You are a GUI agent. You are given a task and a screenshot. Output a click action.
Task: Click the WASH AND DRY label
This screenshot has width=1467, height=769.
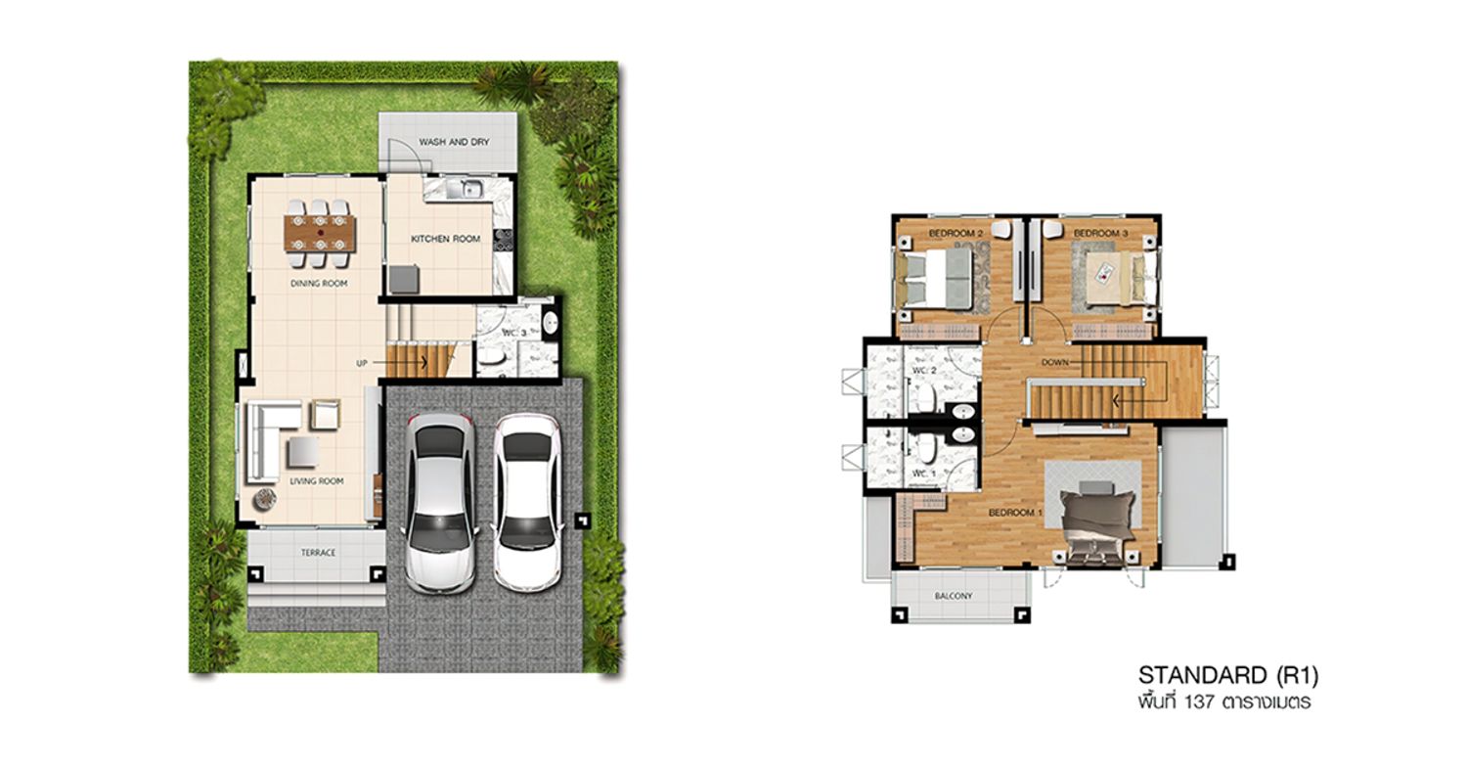(x=454, y=142)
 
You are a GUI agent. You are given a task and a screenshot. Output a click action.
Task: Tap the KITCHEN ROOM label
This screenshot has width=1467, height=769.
(x=445, y=239)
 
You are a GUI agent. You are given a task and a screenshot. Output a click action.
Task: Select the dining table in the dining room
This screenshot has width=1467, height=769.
(x=320, y=233)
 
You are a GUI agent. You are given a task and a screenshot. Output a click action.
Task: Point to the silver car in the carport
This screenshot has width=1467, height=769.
(x=440, y=503)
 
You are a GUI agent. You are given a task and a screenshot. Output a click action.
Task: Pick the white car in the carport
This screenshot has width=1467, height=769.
(x=527, y=502)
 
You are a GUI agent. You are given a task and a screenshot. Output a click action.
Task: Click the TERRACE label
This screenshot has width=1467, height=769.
(x=318, y=553)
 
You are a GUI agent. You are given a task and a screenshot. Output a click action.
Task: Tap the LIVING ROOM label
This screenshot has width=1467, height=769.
(x=317, y=481)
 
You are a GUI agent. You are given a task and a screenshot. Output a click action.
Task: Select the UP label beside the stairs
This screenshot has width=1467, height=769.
(x=362, y=364)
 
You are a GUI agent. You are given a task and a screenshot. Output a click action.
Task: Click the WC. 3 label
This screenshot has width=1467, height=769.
(x=514, y=334)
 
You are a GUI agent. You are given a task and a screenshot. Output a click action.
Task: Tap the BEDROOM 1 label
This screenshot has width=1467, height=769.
(x=1015, y=513)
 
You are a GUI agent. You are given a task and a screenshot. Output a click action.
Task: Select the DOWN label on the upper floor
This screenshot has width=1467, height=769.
(x=1055, y=362)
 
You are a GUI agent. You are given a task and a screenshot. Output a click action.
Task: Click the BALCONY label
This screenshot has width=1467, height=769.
(x=953, y=596)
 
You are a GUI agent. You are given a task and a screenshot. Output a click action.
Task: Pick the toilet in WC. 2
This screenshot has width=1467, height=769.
(x=925, y=398)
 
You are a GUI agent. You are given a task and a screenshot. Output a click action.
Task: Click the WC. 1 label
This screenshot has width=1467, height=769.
(x=924, y=474)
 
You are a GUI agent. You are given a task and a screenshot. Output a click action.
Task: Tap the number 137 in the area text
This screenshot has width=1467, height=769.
(x=1200, y=702)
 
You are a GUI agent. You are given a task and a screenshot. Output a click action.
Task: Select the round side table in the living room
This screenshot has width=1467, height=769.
(x=265, y=499)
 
